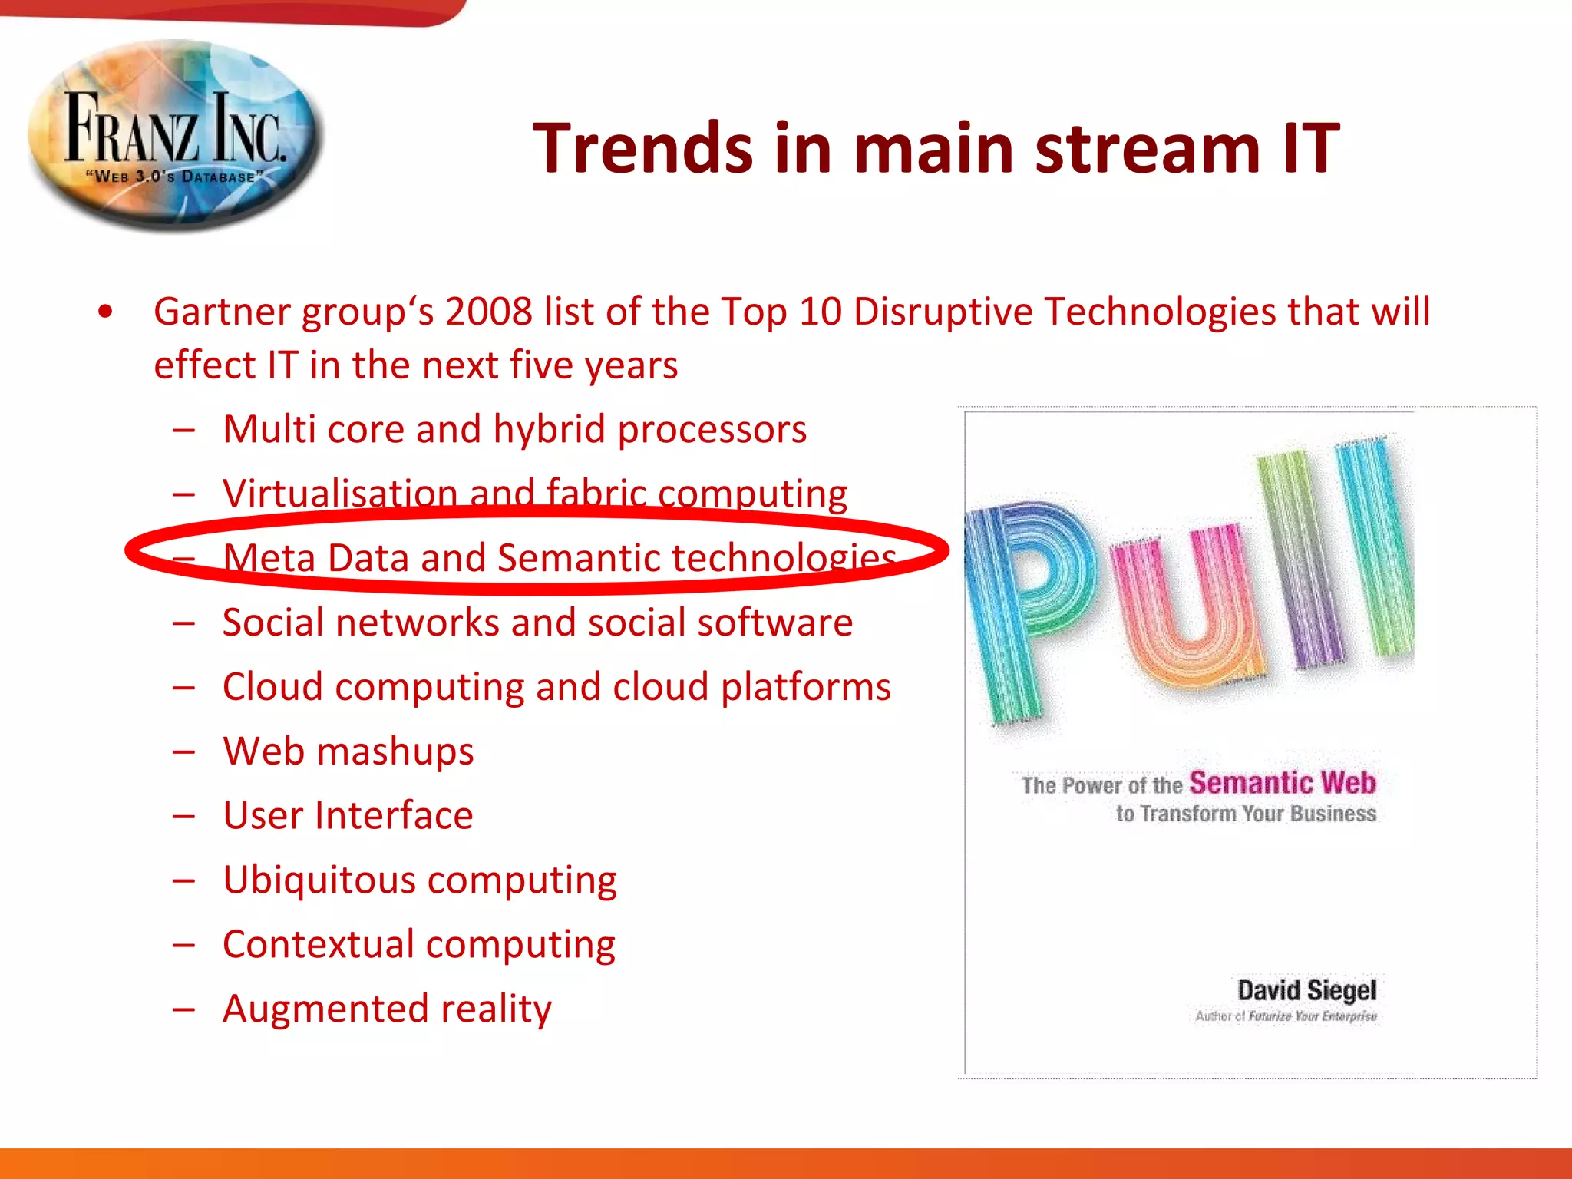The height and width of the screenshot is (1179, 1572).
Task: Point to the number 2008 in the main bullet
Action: pos(489,312)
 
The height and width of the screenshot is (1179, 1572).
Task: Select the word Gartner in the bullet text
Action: pos(222,312)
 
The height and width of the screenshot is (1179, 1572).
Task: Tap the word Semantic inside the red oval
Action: pos(578,557)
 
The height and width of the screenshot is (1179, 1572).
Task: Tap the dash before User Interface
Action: pos(183,816)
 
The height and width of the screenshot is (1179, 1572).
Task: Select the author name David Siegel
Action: pos(1306,990)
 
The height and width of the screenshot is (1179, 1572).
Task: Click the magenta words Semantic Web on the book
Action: pos(1282,783)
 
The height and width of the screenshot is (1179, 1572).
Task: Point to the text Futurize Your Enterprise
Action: pos(1313,1016)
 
